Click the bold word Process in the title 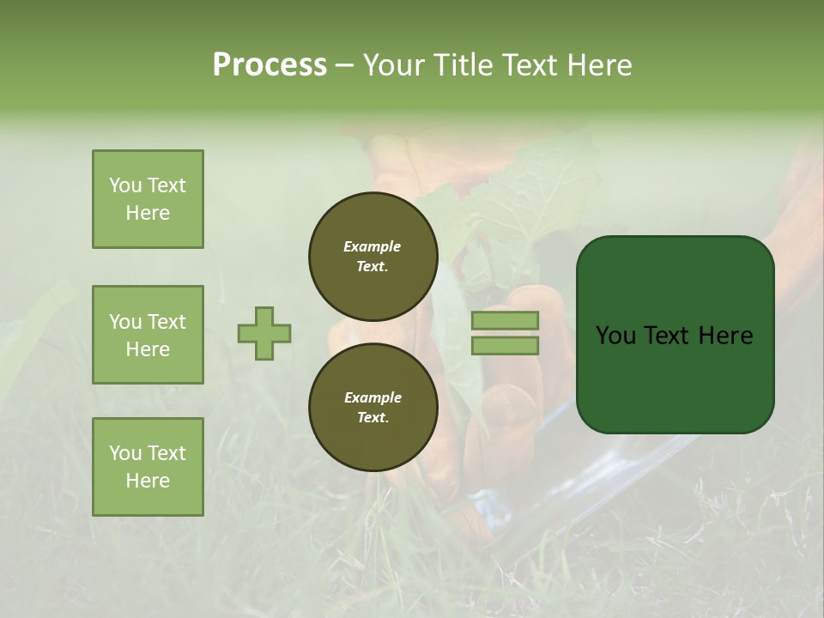[270, 64]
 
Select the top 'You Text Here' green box [148, 199]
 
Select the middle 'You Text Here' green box [148, 335]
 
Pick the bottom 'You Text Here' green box [148, 467]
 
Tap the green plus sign [264, 333]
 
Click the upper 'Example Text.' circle [372, 257]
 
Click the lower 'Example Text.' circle [372, 408]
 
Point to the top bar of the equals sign [505, 320]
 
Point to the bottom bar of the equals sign [505, 346]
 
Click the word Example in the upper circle [372, 246]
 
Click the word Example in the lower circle [372, 397]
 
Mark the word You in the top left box [125, 185]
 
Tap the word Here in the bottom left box [148, 481]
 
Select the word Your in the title [393, 64]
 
